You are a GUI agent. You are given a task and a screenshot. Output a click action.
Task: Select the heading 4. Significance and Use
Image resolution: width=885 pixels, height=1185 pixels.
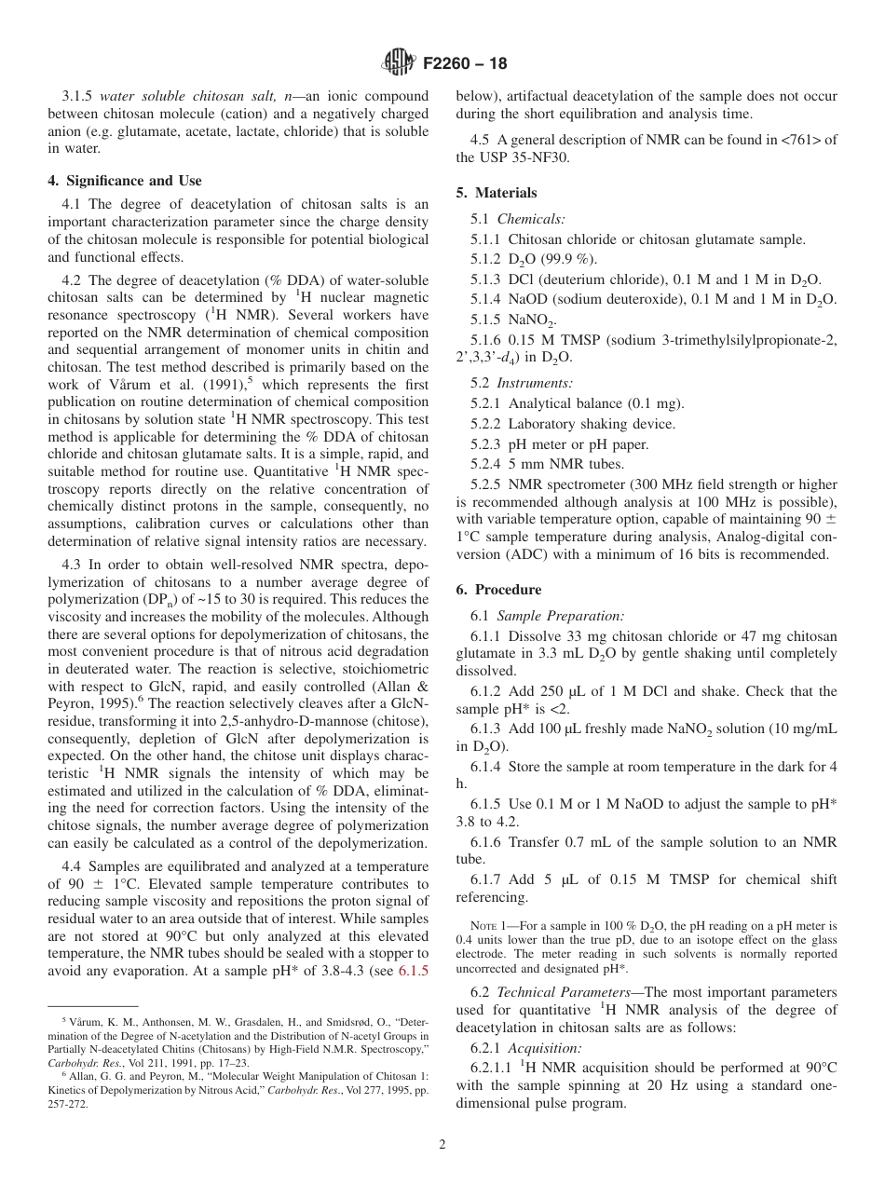[125, 181]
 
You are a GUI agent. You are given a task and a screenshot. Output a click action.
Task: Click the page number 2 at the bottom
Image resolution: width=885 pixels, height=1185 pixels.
[442, 1145]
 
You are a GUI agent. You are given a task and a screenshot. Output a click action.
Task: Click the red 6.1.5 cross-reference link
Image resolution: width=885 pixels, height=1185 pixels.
[414, 970]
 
